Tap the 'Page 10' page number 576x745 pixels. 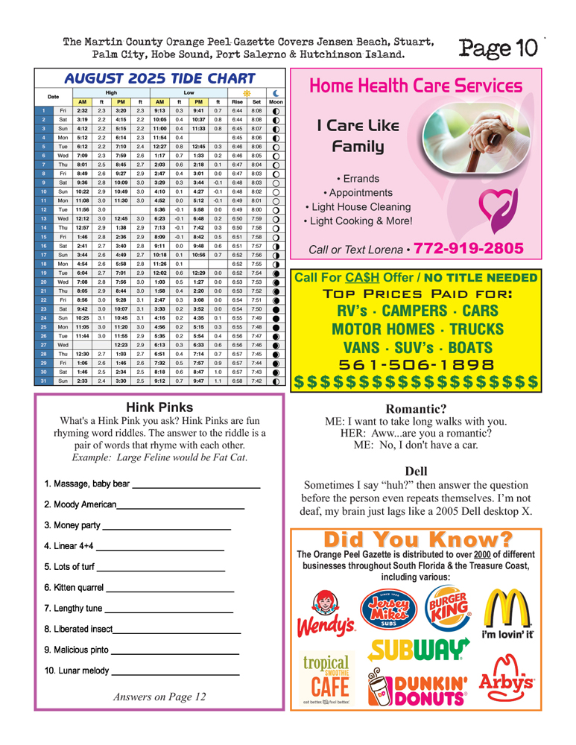[x=498, y=48]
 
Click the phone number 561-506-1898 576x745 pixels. [x=416, y=365]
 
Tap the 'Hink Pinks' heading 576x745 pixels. [x=159, y=408]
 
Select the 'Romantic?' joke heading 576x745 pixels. [x=416, y=408]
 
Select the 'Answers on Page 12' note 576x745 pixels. [x=159, y=697]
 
